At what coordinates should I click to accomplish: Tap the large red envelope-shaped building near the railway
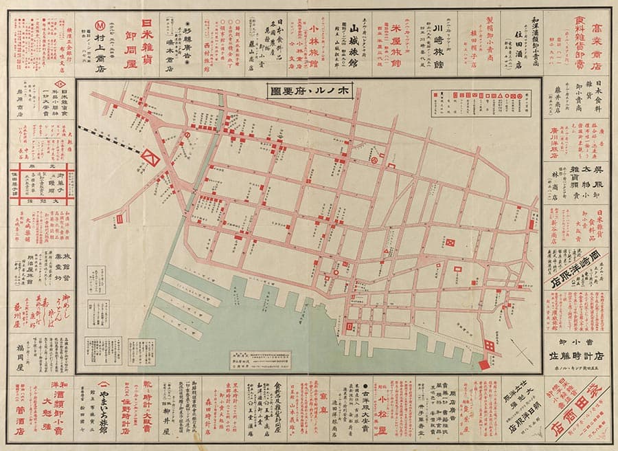pos(150,157)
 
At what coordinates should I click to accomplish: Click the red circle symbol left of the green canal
pos(187,137)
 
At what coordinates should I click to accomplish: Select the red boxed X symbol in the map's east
pos(451,243)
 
